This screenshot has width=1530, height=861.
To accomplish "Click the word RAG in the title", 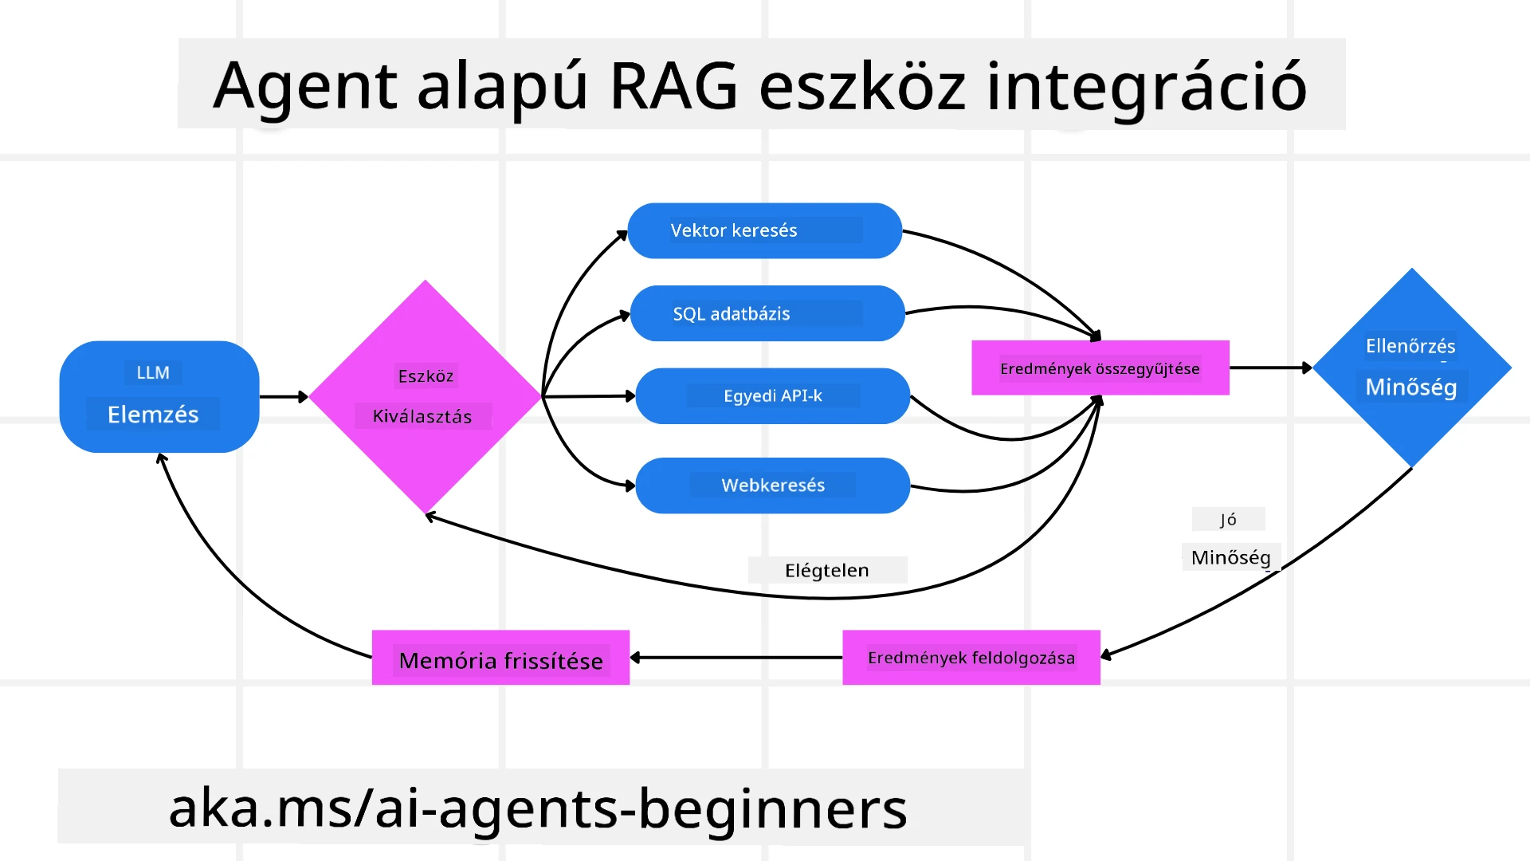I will click(673, 86).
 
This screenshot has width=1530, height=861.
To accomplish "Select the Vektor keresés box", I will click(764, 230).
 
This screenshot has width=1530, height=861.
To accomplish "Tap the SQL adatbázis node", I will click(767, 313).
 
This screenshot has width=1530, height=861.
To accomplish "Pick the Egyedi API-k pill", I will click(772, 396).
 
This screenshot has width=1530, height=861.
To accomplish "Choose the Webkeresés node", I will click(772, 486).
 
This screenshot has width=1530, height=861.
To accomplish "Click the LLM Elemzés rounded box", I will click(159, 396).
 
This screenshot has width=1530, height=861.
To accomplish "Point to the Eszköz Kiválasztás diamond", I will click(425, 396).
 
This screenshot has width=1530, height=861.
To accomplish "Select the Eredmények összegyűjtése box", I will click(1100, 368).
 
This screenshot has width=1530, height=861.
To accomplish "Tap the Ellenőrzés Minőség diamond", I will click(1411, 368).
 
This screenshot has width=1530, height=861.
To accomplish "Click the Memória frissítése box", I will click(500, 659).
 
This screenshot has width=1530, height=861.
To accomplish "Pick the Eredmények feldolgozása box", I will click(971, 659).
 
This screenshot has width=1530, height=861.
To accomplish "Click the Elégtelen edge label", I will click(826, 570).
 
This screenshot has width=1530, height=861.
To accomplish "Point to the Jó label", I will click(1228, 520).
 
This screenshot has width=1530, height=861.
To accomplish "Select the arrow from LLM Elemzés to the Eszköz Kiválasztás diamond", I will click(283, 396).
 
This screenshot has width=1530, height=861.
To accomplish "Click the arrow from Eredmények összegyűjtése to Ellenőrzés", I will click(1269, 368).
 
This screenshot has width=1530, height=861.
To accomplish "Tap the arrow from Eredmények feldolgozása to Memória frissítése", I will click(736, 658).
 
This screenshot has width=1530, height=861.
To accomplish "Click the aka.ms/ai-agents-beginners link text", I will click(538, 808).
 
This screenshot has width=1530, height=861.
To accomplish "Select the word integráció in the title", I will click(1146, 86).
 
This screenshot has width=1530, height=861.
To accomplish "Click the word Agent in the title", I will click(305, 86).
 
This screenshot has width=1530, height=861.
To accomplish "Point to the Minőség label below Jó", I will click(1230, 557).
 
